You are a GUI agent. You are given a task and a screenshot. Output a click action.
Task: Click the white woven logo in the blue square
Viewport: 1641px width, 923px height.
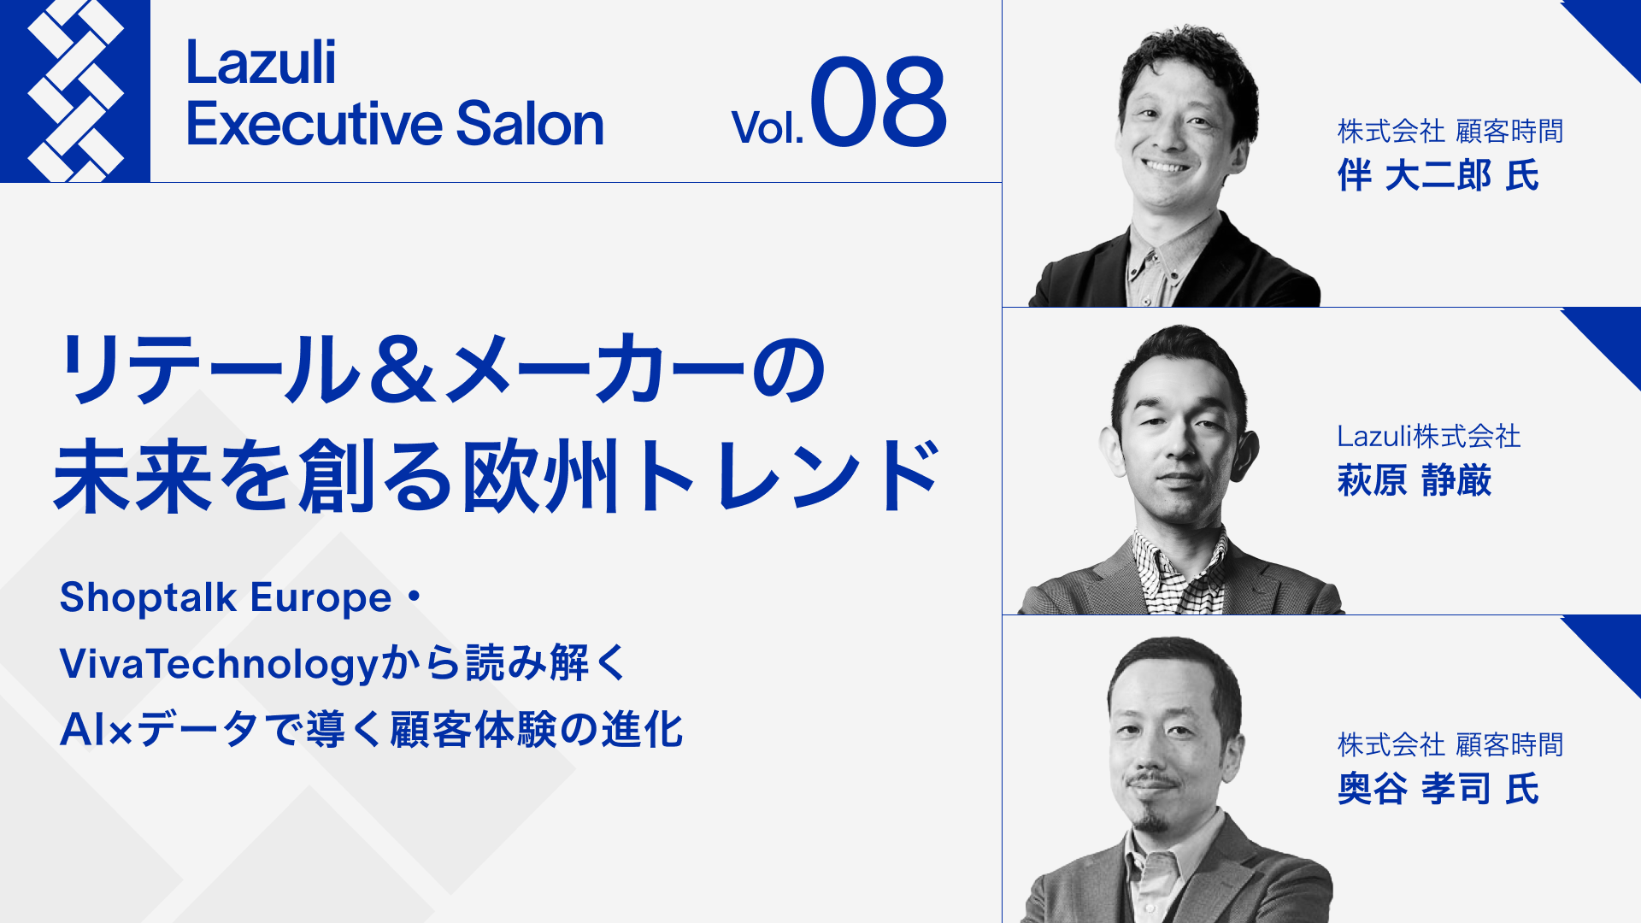point(75,91)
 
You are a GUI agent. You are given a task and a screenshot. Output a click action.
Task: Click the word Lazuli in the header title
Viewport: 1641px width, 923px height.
point(261,63)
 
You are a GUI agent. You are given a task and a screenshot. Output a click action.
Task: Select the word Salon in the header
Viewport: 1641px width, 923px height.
point(530,125)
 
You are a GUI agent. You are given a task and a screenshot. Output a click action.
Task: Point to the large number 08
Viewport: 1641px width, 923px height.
point(878,103)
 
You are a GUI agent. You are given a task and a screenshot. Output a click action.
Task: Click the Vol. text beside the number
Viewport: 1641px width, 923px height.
point(767,128)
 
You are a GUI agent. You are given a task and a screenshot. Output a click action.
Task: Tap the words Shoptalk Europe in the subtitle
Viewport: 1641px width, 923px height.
point(226,597)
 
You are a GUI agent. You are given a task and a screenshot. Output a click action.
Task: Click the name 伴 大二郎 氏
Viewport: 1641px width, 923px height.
point(1438,176)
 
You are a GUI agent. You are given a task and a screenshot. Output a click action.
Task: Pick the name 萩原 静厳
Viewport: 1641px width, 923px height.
point(1415,480)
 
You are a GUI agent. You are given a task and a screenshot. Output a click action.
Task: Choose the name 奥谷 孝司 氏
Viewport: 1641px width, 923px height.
point(1438,789)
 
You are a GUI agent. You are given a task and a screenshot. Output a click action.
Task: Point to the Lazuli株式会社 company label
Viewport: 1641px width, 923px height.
point(1428,437)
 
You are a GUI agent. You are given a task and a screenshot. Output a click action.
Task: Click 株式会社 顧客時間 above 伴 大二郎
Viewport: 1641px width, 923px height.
point(1450,132)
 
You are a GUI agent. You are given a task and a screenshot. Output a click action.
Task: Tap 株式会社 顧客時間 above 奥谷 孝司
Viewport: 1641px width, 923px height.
point(1450,745)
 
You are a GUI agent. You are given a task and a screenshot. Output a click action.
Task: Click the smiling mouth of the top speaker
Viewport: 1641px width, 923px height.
point(1166,165)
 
